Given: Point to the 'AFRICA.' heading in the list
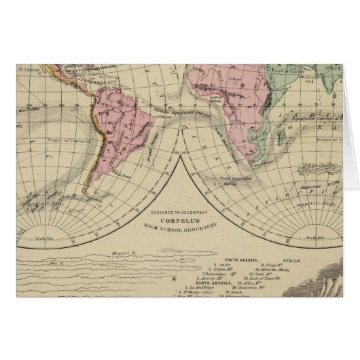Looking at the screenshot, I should point(291,259).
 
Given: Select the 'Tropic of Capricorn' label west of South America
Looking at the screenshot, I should point(65,141).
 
